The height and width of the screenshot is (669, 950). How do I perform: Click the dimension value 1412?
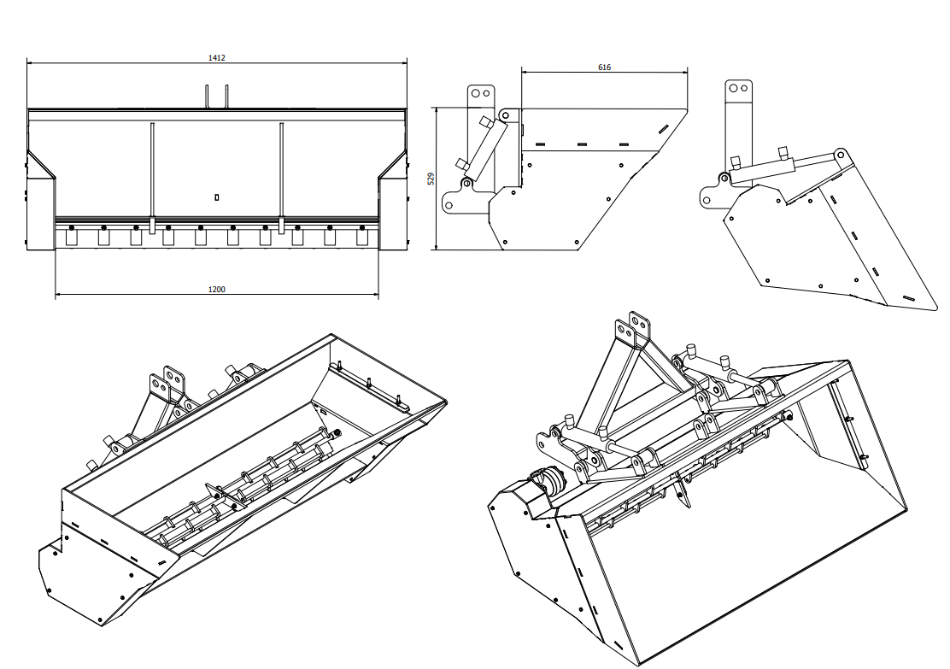click(x=216, y=57)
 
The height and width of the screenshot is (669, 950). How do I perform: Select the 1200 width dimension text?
click(x=216, y=290)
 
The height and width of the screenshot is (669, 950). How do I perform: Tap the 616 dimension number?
click(x=604, y=67)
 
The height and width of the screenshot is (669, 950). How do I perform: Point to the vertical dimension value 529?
click(x=431, y=179)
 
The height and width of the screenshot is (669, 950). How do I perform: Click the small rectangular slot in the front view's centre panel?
click(x=217, y=197)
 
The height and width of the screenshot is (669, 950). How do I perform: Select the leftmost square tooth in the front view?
click(x=72, y=238)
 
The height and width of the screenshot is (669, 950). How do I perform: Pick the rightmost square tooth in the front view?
click(x=361, y=238)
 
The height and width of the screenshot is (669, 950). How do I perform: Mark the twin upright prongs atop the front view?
click(x=216, y=97)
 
